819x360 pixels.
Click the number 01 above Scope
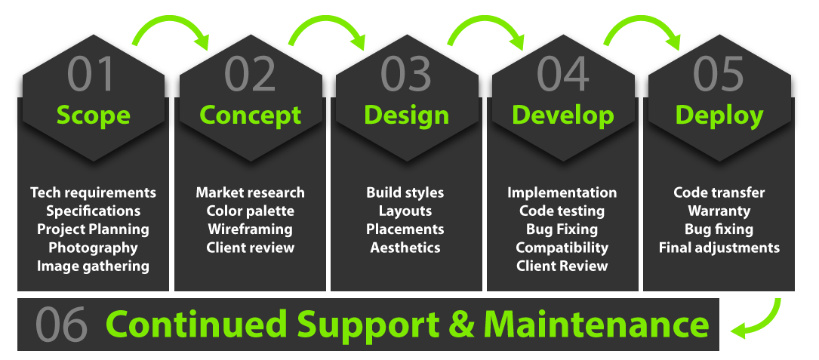(x=91, y=74)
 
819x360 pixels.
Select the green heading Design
(x=406, y=115)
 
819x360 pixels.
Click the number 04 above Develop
(x=563, y=74)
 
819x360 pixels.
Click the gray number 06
(x=61, y=325)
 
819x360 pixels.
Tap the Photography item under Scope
(x=93, y=248)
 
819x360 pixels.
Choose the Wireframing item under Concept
(x=250, y=229)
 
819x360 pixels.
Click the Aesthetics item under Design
(x=405, y=247)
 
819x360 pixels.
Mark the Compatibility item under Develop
(x=562, y=248)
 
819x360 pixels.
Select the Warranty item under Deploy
(x=719, y=211)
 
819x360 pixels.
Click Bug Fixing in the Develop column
(x=562, y=229)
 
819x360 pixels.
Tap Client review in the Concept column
(x=250, y=247)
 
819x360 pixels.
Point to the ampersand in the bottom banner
(x=462, y=325)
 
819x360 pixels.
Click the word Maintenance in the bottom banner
(x=596, y=324)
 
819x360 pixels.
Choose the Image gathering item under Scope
(x=93, y=266)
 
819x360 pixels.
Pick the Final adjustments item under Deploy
(x=719, y=248)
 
